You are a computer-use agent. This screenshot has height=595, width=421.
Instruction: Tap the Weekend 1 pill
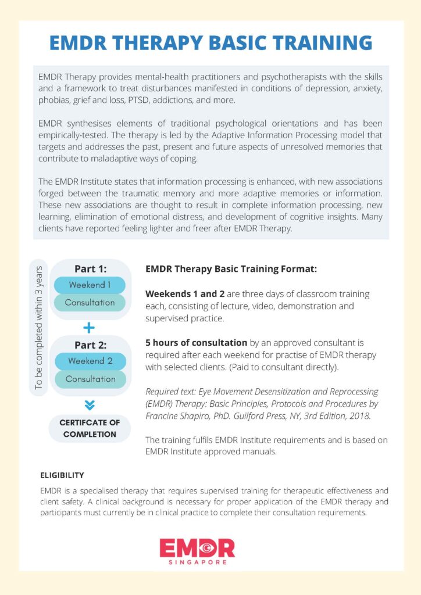(90, 285)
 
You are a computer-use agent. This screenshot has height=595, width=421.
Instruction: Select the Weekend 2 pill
(90, 361)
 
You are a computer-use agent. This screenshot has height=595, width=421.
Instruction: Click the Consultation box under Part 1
(90, 303)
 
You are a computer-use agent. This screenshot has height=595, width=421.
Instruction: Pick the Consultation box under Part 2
(90, 379)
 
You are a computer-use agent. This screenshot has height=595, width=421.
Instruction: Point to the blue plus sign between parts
(89, 328)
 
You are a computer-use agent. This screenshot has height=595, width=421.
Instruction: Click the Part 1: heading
(90, 269)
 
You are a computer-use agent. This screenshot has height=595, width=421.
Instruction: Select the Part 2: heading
(90, 345)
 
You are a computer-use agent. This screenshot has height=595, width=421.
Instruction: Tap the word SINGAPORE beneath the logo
(197, 562)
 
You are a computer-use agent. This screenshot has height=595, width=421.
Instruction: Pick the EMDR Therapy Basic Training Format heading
(231, 270)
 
